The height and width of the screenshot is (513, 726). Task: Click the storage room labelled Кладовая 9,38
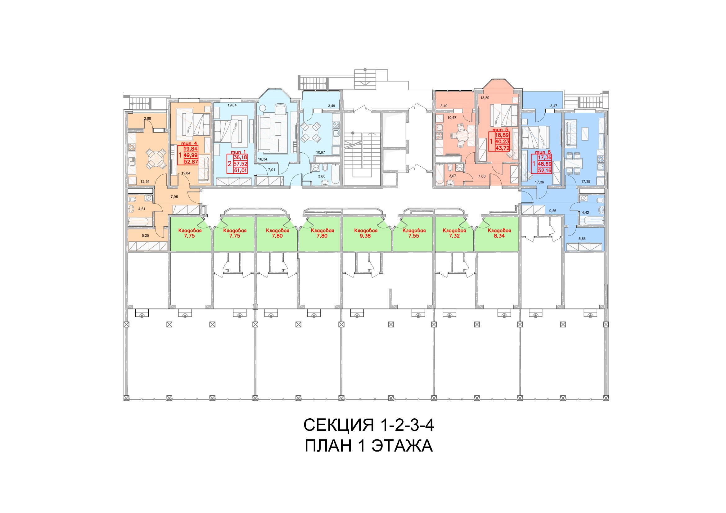click(x=367, y=234)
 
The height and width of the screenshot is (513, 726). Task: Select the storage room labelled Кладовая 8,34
click(x=497, y=234)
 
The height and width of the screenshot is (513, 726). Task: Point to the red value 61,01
click(x=240, y=171)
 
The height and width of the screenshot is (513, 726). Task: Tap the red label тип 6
click(x=543, y=152)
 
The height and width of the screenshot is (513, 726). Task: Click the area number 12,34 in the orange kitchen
click(x=145, y=182)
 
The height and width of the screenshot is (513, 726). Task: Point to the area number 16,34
click(x=263, y=159)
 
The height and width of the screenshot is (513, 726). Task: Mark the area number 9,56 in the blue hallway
click(x=552, y=210)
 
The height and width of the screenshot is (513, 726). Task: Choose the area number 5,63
click(x=582, y=239)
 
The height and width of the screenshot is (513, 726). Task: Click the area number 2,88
click(x=147, y=119)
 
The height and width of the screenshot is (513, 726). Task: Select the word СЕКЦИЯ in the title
click(x=339, y=425)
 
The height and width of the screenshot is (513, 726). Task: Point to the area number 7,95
click(x=174, y=196)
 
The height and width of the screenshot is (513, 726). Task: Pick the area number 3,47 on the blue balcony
click(x=553, y=106)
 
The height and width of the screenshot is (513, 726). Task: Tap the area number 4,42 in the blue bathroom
click(x=586, y=213)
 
